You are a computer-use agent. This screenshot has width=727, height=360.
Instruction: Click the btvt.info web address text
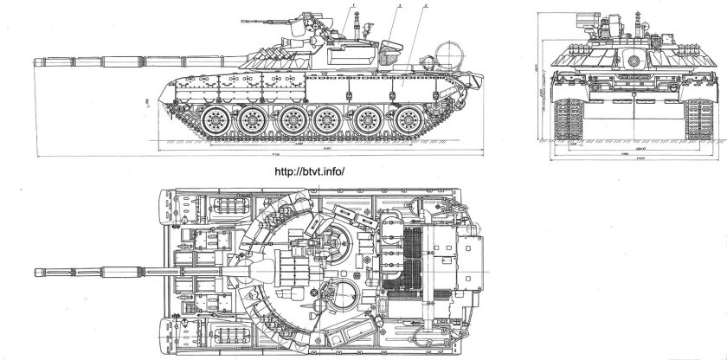(x=309, y=170)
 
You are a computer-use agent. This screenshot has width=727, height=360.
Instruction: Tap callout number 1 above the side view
(x=355, y=6)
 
